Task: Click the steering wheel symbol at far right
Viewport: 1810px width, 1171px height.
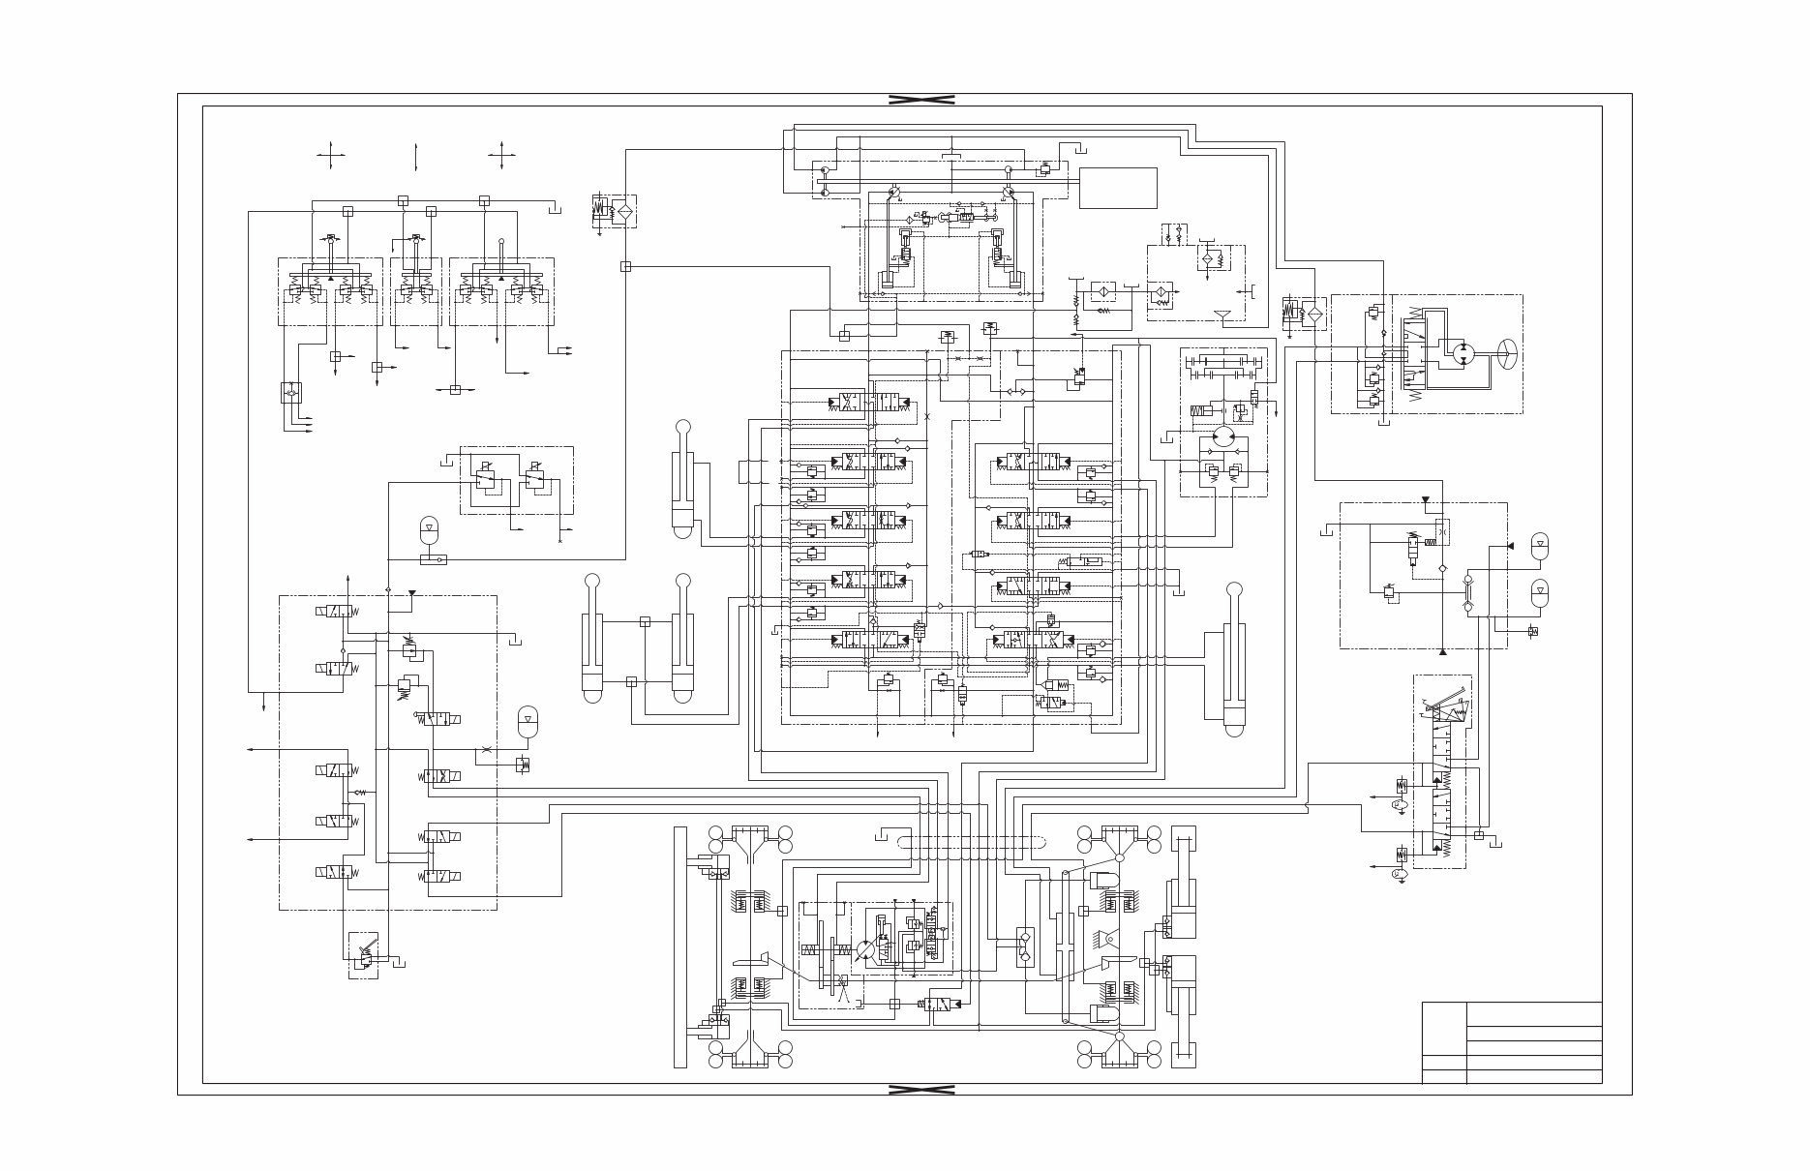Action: pyautogui.click(x=1507, y=354)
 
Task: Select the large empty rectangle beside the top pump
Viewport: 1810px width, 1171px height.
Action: pyautogui.click(x=1118, y=188)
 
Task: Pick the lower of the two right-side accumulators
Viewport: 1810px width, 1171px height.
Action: pyautogui.click(x=1540, y=589)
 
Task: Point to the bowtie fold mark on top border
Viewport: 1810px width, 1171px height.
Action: pyautogui.click(x=921, y=100)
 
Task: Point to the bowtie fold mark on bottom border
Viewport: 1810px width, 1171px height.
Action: pyautogui.click(x=921, y=1090)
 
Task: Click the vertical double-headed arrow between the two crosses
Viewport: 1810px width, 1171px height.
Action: pyautogui.click(x=415, y=156)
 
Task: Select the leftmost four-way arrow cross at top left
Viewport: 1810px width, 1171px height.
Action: pyautogui.click(x=331, y=155)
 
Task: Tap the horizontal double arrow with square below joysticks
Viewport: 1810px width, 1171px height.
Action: pyautogui.click(x=454, y=389)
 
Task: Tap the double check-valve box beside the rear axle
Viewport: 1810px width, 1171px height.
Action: pyautogui.click(x=1025, y=946)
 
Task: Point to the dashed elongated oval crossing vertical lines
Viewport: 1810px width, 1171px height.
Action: pyautogui.click(x=971, y=843)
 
